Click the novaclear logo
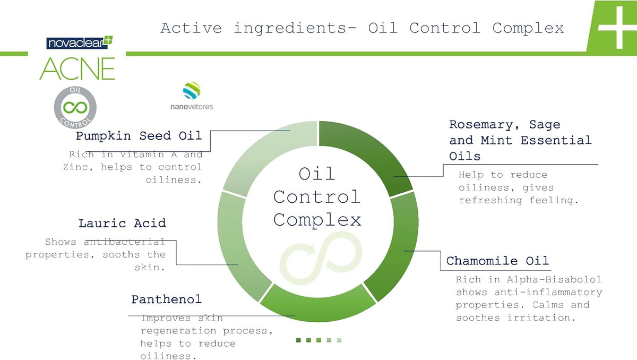pos(80,42)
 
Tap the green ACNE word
pos(78,69)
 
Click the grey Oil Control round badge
pos(75,107)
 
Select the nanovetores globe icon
pos(192,90)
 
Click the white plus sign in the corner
pos(617,28)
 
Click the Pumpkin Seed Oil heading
pos(139,136)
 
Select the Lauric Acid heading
pos(122,224)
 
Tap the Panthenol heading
pos(166,299)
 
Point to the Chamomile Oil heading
pos(497,261)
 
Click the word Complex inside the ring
pos(317,221)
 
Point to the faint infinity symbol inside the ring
pos(321,258)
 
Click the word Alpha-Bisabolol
pos(554,279)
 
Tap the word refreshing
pos(490,201)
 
